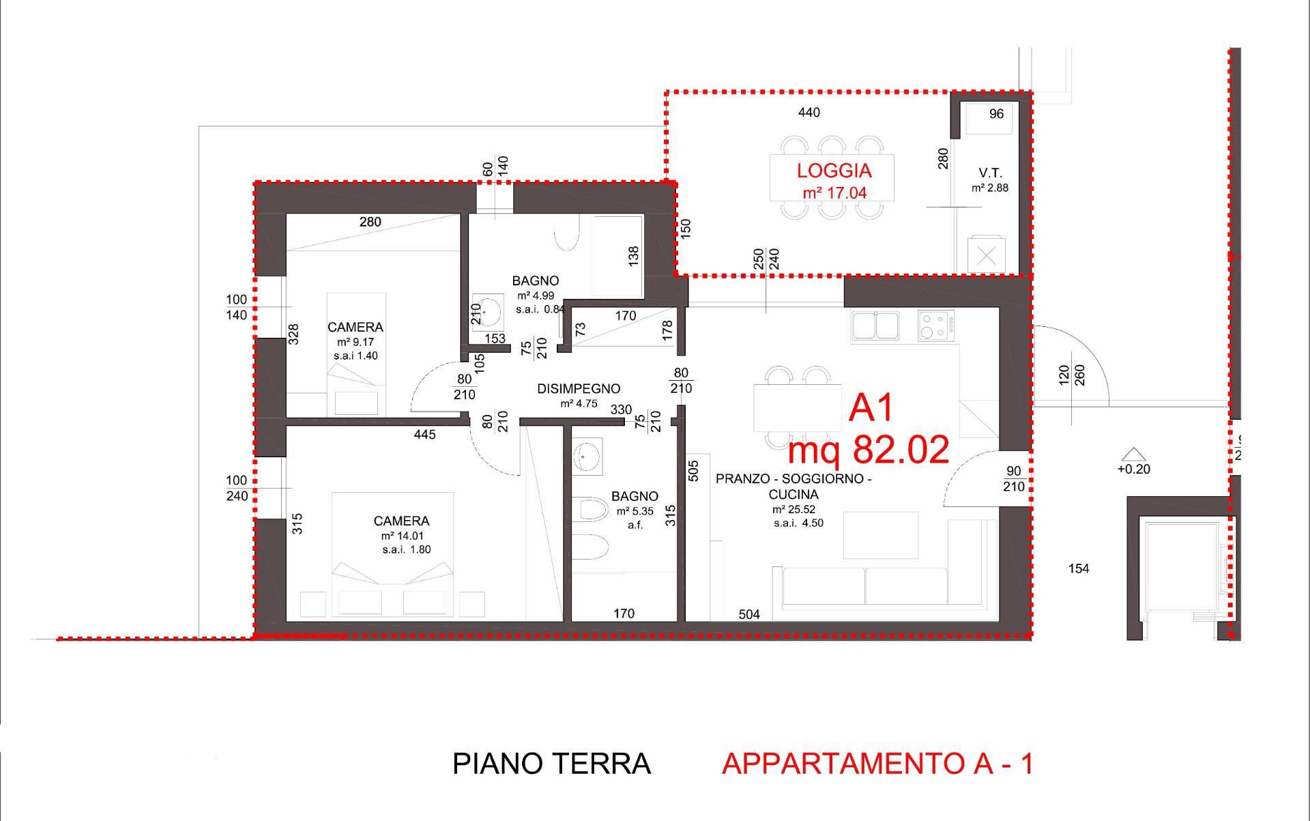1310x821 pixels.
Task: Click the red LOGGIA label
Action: (834, 171)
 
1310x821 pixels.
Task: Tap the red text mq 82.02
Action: (868, 450)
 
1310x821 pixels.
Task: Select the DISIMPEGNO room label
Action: (579, 389)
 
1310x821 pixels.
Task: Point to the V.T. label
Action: (990, 173)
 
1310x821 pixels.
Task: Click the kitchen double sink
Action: (875, 325)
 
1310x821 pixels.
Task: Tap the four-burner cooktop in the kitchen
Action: (935, 325)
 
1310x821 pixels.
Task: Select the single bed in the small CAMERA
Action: (356, 355)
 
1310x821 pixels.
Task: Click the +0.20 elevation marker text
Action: (1133, 469)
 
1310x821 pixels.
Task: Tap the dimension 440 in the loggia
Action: (809, 113)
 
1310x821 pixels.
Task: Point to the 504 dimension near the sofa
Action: (749, 615)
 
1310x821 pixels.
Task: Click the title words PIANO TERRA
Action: (551, 764)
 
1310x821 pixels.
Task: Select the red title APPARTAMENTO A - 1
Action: (877, 764)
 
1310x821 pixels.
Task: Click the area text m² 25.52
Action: (794, 509)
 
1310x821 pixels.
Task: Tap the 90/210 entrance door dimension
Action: (1014, 479)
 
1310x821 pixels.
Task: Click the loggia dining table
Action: (832, 177)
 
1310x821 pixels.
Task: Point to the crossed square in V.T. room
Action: (986, 256)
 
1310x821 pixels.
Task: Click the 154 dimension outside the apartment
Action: (1079, 568)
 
